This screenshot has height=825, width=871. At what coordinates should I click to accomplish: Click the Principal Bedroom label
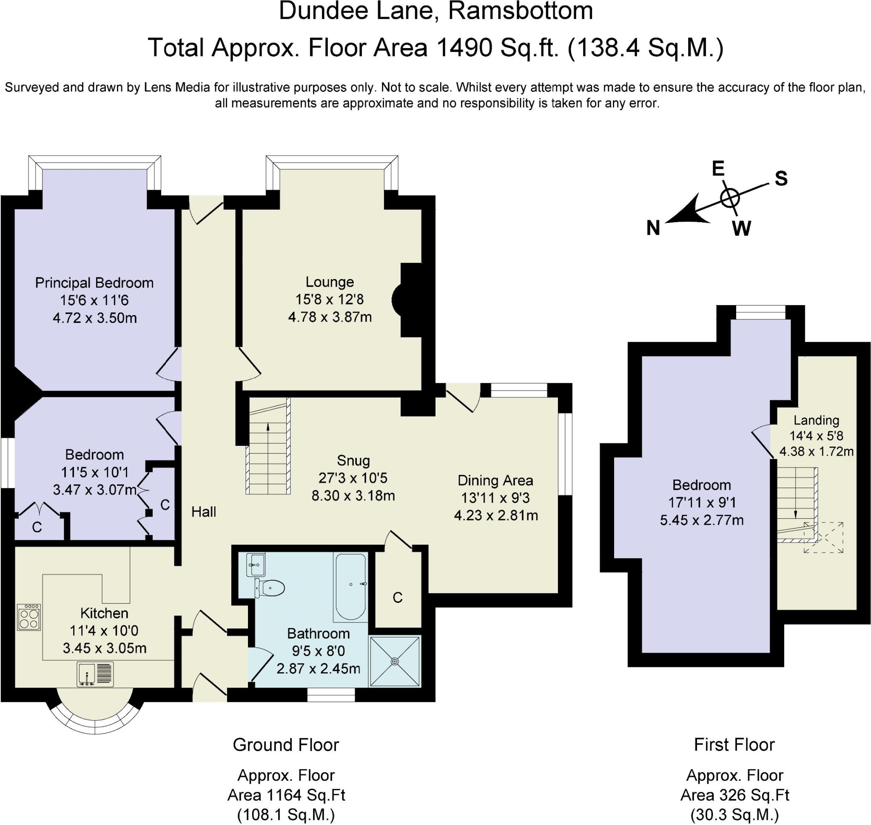[x=94, y=283]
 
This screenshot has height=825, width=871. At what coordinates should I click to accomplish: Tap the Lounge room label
[x=330, y=282]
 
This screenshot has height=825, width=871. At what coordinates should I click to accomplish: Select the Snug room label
[x=353, y=460]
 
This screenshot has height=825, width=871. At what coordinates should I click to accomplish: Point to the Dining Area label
[x=495, y=480]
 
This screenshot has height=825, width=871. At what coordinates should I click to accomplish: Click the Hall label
[x=204, y=511]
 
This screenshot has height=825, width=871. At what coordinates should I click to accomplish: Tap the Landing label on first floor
[x=817, y=420]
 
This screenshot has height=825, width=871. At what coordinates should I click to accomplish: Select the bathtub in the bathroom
[x=350, y=587]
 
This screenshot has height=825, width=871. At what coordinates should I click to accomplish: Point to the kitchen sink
[x=95, y=674]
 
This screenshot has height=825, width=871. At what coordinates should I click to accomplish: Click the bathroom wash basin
[x=256, y=565]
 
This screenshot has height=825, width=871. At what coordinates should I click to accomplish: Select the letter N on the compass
[x=653, y=228]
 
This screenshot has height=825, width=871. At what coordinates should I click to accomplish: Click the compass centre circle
[x=730, y=197]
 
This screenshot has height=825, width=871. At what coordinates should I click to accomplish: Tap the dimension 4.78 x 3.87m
[x=330, y=317]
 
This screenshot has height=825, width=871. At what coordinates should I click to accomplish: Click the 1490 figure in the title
[x=464, y=48]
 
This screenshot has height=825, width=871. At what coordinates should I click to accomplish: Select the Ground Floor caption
[x=286, y=745]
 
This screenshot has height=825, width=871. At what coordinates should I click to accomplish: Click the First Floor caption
[x=734, y=745]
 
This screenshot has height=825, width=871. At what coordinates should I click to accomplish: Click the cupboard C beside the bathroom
[x=398, y=598]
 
